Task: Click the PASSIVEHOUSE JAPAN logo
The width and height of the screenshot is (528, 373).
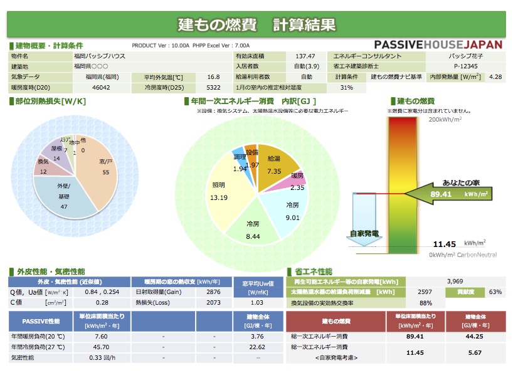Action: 438,45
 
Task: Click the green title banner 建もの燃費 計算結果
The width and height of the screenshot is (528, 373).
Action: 256,24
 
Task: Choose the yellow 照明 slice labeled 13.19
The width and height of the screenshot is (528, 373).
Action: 219,193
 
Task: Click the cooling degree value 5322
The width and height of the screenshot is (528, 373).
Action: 213,88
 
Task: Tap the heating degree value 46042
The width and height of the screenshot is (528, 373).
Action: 101,88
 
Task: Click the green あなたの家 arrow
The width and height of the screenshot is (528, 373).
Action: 450,191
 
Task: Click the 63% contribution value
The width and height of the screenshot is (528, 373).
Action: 495,292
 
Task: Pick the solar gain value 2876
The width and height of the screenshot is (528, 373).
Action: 213,292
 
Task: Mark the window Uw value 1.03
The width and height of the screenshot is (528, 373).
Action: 256,303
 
